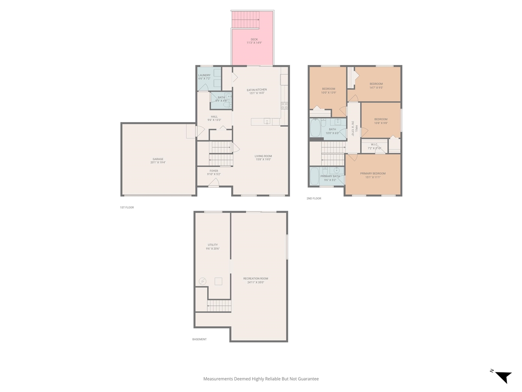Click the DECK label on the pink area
[254, 40]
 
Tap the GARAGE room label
[158, 159]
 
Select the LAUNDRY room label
[204, 76]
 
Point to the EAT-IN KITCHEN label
[257, 90]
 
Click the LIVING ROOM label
[263, 156]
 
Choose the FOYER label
[214, 171]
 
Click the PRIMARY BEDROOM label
[373, 174]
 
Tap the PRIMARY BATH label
[330, 176]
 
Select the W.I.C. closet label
[374, 145]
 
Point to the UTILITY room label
[213, 245]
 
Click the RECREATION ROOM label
[256, 278]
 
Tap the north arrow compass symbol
[503, 376]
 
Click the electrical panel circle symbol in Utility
[203, 281]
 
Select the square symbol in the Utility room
[219, 281]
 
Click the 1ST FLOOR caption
[127, 207]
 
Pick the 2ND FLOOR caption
[314, 198]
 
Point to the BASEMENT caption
[199, 339]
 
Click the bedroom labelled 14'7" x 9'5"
[376, 84]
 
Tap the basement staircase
[219, 305]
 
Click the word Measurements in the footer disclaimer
[218, 379]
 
